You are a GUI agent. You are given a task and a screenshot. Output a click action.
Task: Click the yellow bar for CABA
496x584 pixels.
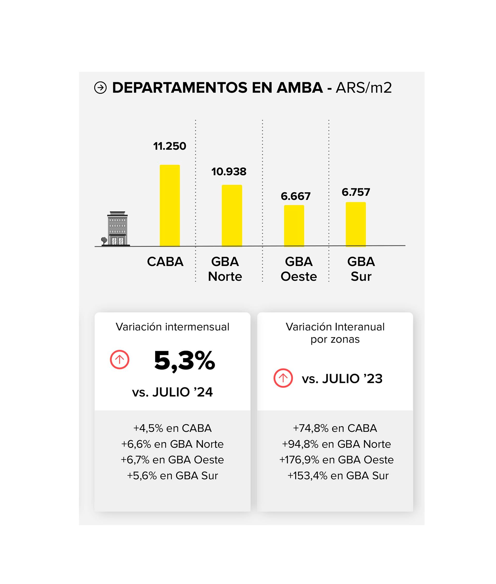[169, 206]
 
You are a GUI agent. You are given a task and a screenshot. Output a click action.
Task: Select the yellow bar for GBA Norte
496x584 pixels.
[232, 216]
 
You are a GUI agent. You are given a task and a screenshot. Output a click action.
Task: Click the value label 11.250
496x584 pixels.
[169, 146]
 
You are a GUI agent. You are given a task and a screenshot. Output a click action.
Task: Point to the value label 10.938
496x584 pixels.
[229, 172]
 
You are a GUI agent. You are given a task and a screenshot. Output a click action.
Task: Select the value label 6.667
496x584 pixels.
[296, 196]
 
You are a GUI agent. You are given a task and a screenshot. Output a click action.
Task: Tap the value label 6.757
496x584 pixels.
[356, 192]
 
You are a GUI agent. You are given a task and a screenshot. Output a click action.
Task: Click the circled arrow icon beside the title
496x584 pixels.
[100, 88]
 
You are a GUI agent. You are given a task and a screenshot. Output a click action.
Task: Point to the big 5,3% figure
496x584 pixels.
[184, 361]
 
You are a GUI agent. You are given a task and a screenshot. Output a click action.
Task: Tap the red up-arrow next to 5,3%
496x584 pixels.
[120, 359]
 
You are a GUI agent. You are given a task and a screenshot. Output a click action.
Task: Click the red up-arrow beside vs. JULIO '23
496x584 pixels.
[283, 378]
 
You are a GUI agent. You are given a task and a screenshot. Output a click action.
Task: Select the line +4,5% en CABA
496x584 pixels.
[172, 428]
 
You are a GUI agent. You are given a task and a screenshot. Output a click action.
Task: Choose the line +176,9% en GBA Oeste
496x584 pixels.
[336, 460]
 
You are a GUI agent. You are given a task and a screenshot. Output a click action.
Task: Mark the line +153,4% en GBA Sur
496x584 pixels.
[338, 476]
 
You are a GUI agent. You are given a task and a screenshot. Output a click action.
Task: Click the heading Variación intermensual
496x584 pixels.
[172, 327]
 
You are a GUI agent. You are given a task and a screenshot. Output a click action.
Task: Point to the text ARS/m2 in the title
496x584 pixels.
[363, 88]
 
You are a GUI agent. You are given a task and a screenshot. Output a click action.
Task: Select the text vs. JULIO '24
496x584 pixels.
[172, 392]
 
